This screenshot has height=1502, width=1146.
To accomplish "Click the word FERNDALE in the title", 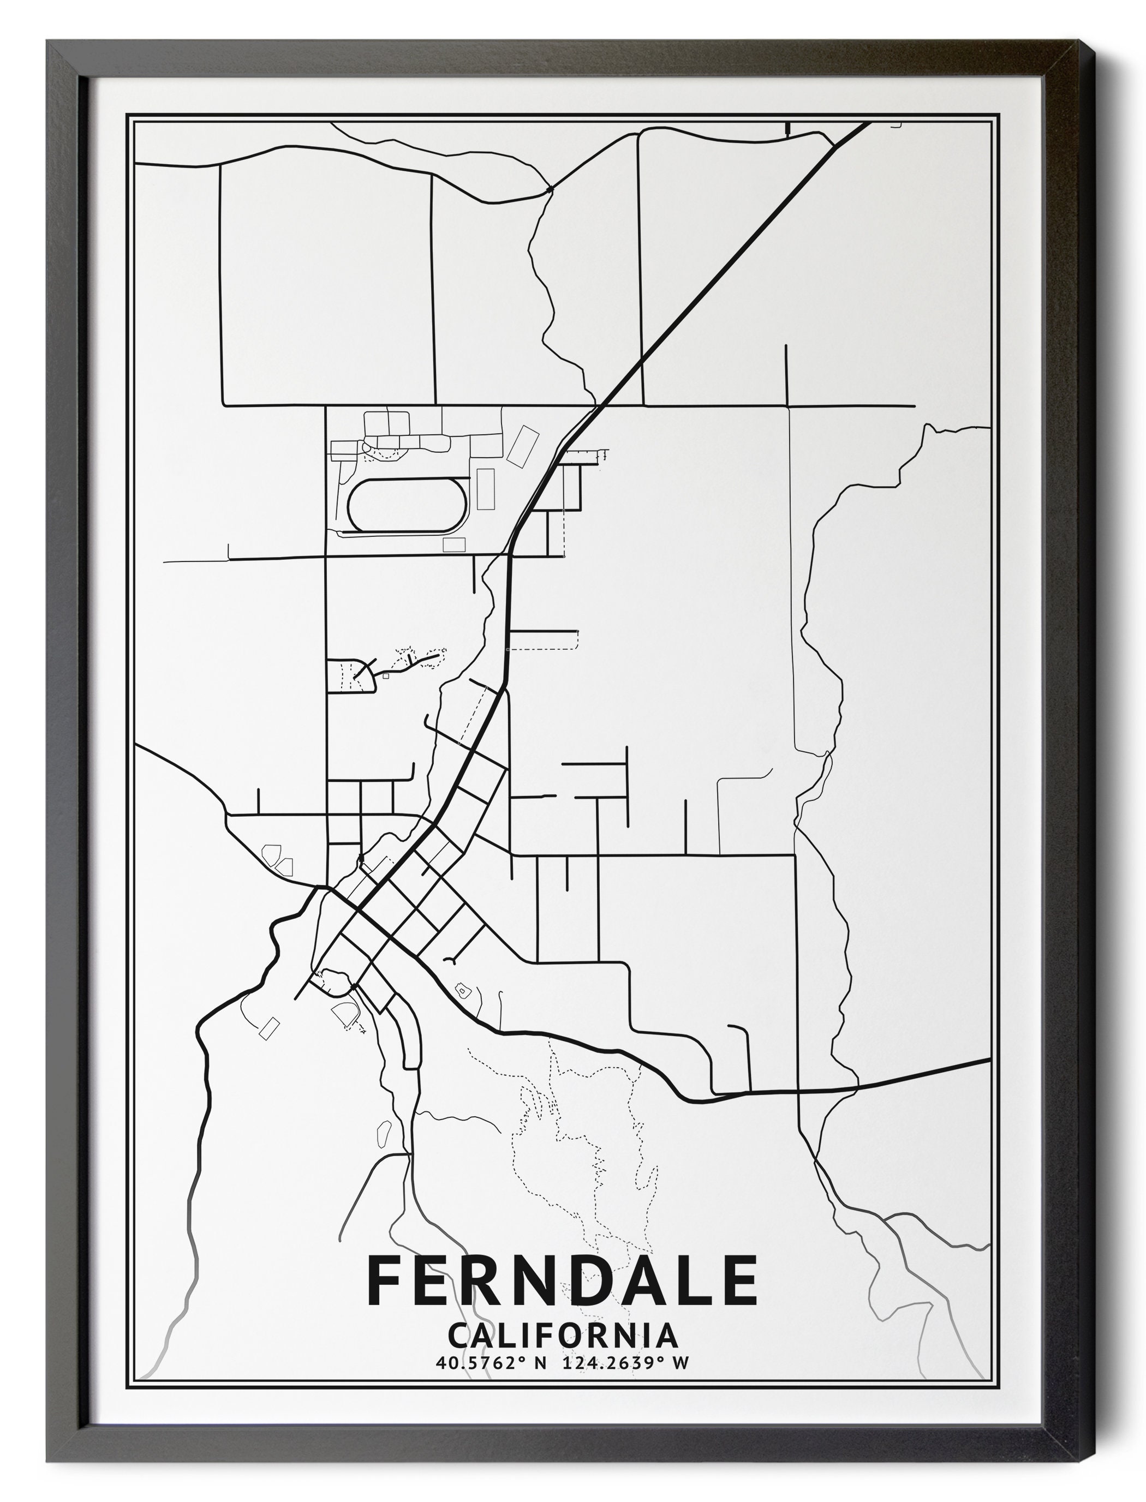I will (x=562, y=1280).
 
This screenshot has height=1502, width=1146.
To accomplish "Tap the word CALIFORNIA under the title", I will (x=562, y=1336).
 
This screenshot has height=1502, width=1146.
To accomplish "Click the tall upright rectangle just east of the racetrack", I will (x=486, y=488).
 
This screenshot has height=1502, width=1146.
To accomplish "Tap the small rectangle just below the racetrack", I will (x=454, y=544).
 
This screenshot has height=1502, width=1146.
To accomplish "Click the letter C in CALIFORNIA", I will (x=459, y=1336).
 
